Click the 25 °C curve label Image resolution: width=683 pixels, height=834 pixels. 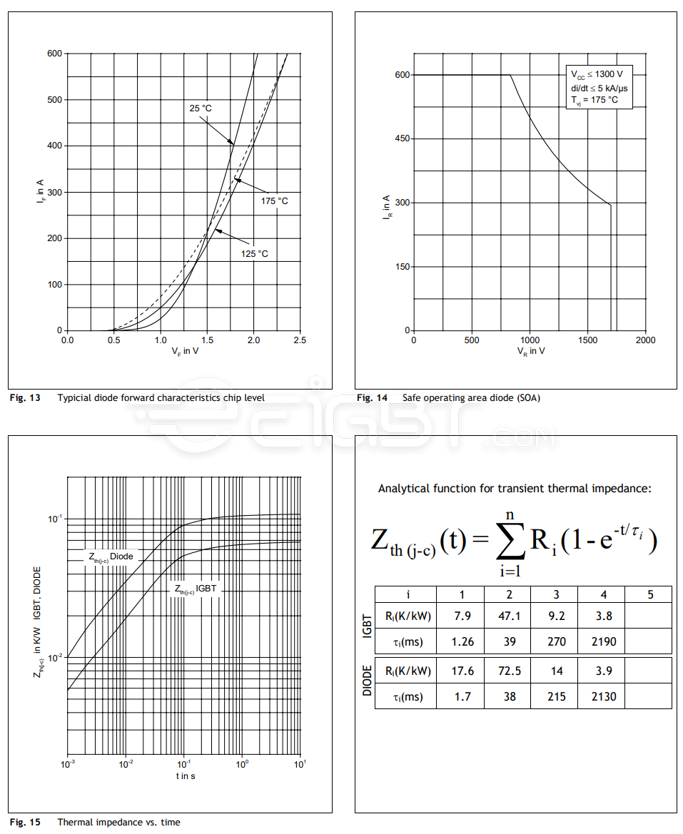click(201, 108)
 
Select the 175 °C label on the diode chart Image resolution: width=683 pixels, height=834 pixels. click(274, 201)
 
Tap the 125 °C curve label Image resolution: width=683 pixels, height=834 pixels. click(254, 253)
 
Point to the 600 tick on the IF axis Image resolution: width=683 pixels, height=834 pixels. click(54, 54)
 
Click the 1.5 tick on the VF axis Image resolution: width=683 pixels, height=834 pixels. click(207, 340)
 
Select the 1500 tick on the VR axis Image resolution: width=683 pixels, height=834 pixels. click(587, 340)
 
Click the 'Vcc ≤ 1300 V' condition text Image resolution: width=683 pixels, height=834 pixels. click(596, 74)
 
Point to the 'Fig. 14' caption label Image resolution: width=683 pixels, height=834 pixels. click(373, 398)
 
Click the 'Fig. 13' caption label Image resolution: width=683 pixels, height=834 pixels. click(25, 398)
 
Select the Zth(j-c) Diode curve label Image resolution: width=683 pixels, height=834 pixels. click(111, 557)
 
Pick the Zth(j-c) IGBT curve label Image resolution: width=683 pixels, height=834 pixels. click(195, 589)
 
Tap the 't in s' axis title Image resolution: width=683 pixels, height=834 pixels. click(184, 775)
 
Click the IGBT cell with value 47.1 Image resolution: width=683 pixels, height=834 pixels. click(509, 616)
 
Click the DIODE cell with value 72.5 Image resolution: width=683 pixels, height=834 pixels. click(509, 671)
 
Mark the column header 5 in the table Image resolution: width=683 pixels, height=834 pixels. click(649, 594)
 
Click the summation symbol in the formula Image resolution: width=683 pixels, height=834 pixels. click(509, 540)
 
